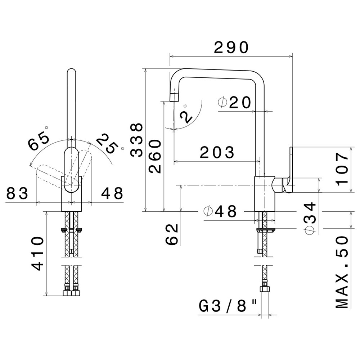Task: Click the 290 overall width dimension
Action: pos(231,48)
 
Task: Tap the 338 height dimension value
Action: pos(137,140)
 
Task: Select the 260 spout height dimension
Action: pos(155,156)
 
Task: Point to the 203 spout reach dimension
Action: pos(217,152)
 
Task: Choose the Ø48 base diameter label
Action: pos(220,211)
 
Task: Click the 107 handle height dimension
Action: pos(342,170)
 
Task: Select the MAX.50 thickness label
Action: pos(342,272)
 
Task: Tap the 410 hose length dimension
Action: pos(37,254)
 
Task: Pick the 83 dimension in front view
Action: pos(17,193)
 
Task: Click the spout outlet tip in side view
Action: pos(174,98)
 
